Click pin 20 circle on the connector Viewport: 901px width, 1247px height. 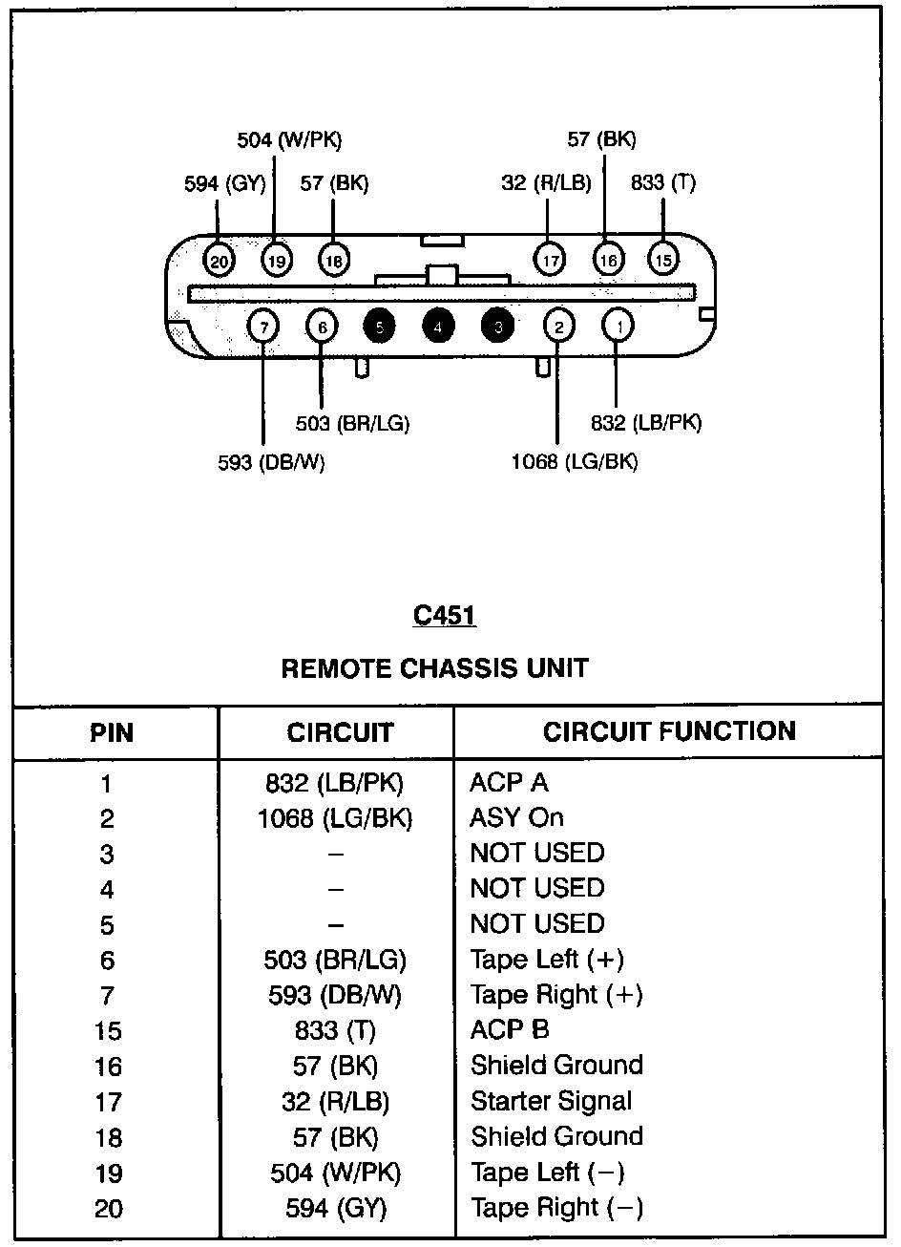point(219,259)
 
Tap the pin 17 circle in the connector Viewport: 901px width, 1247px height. point(550,259)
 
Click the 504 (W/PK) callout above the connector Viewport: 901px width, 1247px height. point(289,140)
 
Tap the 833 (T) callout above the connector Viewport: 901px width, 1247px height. point(663,182)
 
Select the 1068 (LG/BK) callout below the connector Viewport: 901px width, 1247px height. point(575,462)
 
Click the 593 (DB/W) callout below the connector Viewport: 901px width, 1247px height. point(272,463)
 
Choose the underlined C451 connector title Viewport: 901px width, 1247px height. point(445,616)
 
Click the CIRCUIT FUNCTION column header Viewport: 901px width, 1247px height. point(669,732)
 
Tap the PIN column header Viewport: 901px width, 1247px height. point(112,733)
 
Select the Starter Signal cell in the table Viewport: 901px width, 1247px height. point(552,1101)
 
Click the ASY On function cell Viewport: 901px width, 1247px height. point(516,818)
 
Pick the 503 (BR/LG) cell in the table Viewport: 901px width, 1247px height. point(336,960)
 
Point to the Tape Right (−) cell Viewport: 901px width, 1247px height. point(556,1208)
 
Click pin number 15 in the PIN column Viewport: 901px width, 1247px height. point(108,1031)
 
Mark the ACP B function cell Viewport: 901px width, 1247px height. point(510,1030)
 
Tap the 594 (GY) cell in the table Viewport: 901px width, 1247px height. point(336,1209)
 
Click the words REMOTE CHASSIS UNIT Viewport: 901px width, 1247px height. point(434,668)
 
